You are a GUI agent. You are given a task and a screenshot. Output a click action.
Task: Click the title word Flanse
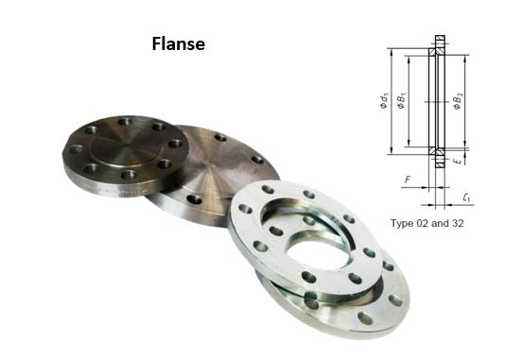pyautogui.click(x=179, y=43)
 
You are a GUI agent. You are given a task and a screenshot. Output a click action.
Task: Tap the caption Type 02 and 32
pyautogui.click(x=427, y=223)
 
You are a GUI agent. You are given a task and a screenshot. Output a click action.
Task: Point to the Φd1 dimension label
pyautogui.click(x=384, y=101)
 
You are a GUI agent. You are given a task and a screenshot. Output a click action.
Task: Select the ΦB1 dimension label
pyautogui.click(x=402, y=101)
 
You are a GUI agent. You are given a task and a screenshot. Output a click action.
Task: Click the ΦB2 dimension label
pyautogui.click(x=458, y=101)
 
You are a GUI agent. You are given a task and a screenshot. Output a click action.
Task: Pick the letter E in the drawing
pyautogui.click(x=459, y=161)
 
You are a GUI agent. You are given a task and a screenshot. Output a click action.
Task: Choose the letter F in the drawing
pyautogui.click(x=408, y=180)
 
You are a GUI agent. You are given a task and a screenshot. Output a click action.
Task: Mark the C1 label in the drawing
pyautogui.click(x=467, y=197)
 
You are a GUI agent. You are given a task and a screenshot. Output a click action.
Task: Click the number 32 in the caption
pyautogui.click(x=458, y=223)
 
